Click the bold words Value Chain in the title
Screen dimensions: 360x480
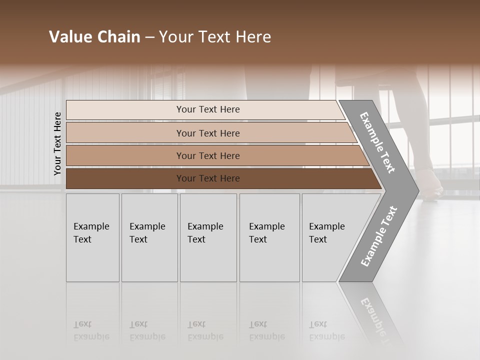(x=94, y=37)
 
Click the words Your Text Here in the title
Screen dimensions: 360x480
(x=215, y=37)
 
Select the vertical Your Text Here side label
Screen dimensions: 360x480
(x=57, y=143)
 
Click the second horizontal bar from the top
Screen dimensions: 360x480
(x=207, y=133)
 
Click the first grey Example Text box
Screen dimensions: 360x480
(x=92, y=237)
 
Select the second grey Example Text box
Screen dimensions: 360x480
(x=149, y=237)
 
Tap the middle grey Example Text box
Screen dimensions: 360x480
(x=208, y=237)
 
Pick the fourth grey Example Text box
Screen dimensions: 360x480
(x=269, y=237)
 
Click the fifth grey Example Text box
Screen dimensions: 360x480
(x=325, y=237)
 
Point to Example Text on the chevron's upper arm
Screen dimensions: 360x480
(x=377, y=142)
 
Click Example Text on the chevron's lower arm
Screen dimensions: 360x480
(x=379, y=236)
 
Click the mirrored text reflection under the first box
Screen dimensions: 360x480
(x=91, y=330)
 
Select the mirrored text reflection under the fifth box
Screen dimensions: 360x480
(x=326, y=330)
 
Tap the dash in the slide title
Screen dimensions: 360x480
(x=149, y=37)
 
